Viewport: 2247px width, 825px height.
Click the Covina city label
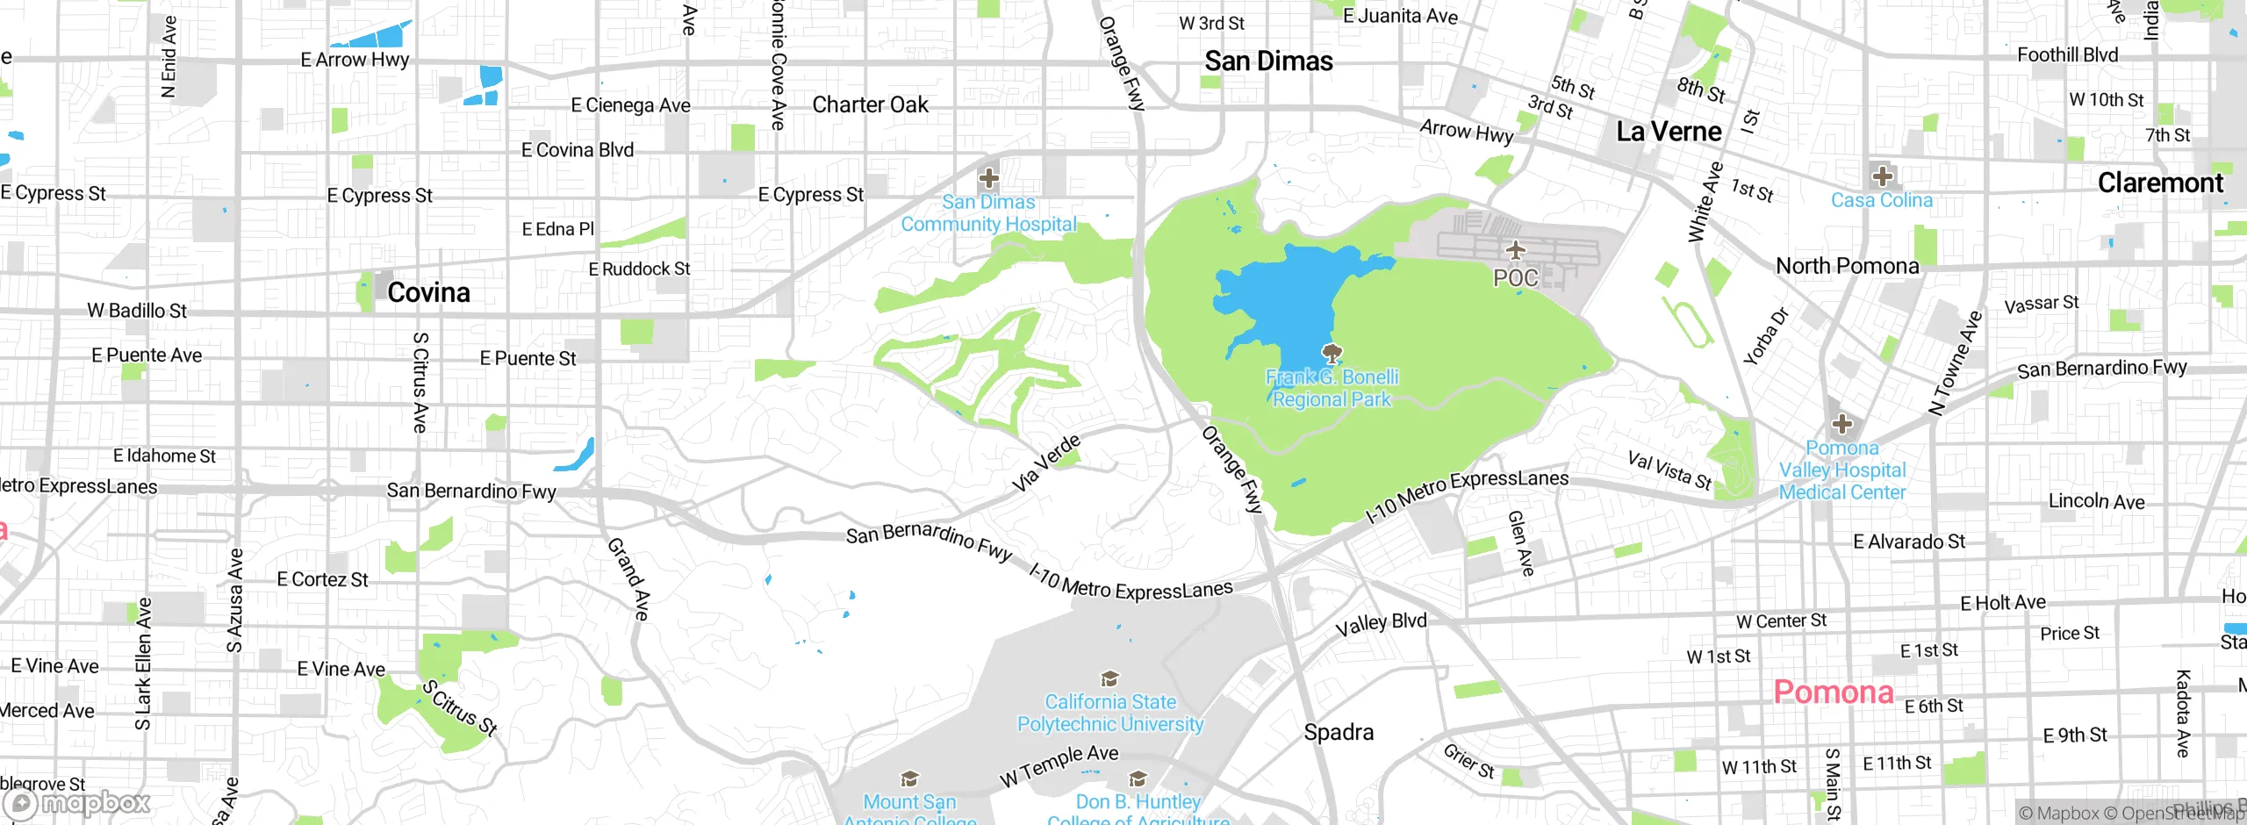(x=428, y=292)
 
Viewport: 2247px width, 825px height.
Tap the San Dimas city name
(x=1268, y=61)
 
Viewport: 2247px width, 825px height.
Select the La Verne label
(x=1669, y=132)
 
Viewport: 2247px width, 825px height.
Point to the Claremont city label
(x=2160, y=183)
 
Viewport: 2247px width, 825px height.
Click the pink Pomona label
(x=1833, y=692)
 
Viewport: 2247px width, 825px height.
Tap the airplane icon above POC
(x=1516, y=251)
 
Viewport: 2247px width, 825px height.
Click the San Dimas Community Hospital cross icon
(x=989, y=178)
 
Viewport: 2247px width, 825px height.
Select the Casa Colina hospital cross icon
(x=1882, y=176)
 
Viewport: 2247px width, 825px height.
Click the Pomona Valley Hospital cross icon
(x=1842, y=425)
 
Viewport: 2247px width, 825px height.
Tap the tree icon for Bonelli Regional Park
(x=1332, y=354)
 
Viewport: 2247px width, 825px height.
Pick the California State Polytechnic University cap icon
(x=1109, y=678)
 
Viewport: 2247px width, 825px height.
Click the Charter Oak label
(x=870, y=105)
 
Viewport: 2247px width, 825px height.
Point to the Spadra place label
(x=1339, y=732)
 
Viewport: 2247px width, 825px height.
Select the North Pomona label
(x=1848, y=266)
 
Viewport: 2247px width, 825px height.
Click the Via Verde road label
(x=1045, y=463)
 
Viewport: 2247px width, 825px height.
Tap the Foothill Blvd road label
(x=2067, y=55)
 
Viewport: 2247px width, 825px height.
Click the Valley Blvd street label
(x=1381, y=624)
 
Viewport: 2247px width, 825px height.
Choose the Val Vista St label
(x=1669, y=470)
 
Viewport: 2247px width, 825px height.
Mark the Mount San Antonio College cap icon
(x=909, y=778)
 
